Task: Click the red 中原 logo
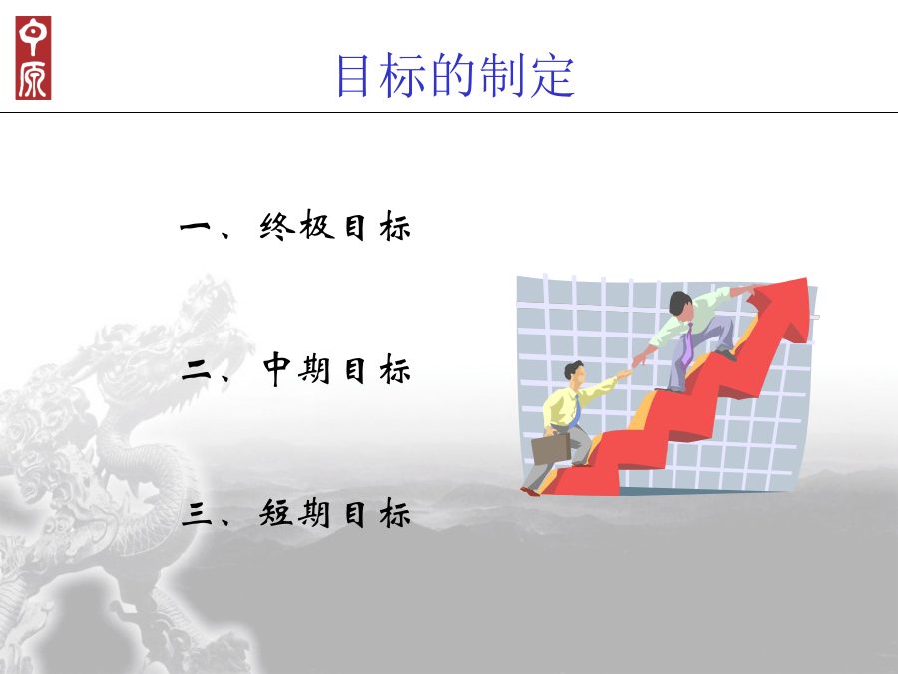pyautogui.click(x=33, y=58)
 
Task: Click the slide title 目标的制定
pyautogui.click(x=455, y=76)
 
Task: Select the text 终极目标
pyautogui.click(x=335, y=226)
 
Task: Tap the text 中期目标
pyautogui.click(x=337, y=369)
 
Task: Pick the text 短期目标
pyautogui.click(x=335, y=513)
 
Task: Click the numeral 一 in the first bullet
pyautogui.click(x=196, y=227)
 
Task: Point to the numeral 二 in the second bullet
pyautogui.click(x=196, y=371)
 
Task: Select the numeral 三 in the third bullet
pyautogui.click(x=196, y=514)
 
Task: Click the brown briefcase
pyautogui.click(x=551, y=448)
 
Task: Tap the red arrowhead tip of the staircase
pyautogui.click(x=807, y=279)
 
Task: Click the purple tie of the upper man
pyautogui.click(x=687, y=345)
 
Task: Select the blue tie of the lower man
pyautogui.click(x=575, y=412)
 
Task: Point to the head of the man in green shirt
pyautogui.click(x=681, y=304)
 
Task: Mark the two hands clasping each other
pyautogui.click(x=632, y=366)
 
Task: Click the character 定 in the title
pyautogui.click(x=552, y=76)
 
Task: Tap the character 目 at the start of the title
pyautogui.click(x=351, y=76)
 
